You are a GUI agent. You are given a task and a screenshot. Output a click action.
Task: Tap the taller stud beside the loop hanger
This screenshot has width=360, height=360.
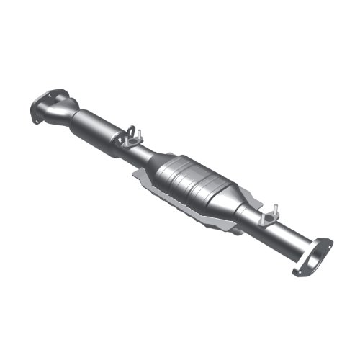tap(140, 134)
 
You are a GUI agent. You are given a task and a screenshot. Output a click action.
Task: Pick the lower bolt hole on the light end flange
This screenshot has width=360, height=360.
tap(297, 270)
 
